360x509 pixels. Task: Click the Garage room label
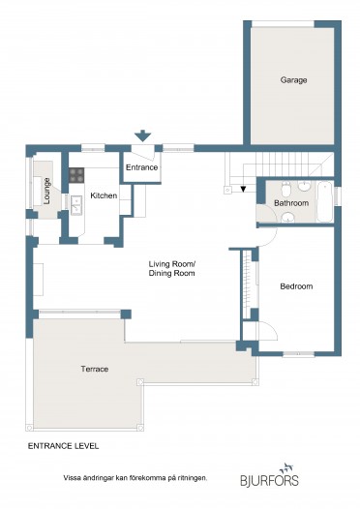tap(293, 80)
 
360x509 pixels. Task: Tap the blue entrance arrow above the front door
tap(143, 135)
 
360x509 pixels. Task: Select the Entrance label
tap(142, 167)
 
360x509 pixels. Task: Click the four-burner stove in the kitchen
tap(76, 175)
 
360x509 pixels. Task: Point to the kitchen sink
tap(76, 205)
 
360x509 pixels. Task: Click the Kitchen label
tap(104, 195)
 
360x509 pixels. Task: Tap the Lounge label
tap(46, 192)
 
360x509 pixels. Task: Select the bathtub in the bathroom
tap(324, 202)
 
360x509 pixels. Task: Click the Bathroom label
tap(291, 203)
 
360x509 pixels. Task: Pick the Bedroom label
tap(296, 286)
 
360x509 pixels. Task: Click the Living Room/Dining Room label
tap(171, 268)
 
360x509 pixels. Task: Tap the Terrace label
tap(95, 369)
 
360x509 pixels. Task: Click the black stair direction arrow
tap(243, 189)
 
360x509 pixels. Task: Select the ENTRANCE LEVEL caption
tap(63, 446)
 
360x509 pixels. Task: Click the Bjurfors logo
tap(269, 475)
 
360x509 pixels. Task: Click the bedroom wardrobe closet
tap(247, 284)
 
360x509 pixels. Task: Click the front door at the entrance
tap(142, 153)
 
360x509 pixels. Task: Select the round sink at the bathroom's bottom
tap(288, 218)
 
